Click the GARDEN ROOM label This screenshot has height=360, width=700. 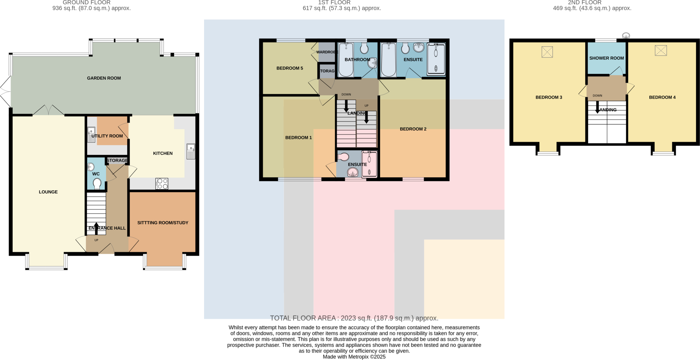tap(104, 78)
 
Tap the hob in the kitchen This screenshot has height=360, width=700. tap(162, 184)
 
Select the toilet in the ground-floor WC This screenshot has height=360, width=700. tap(97, 183)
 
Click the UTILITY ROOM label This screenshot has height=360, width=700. tap(107, 136)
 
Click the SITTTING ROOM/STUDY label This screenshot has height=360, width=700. tap(163, 223)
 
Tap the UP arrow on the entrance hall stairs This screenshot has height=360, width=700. tap(96, 228)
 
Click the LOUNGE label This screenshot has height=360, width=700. tap(48, 192)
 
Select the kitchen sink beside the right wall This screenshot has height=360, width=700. tap(191, 152)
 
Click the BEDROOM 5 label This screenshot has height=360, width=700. tap(290, 68)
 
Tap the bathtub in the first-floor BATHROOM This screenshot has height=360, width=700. tap(346, 60)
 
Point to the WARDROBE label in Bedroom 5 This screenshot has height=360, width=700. tap(327, 52)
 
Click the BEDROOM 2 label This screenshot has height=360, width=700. tap(413, 129)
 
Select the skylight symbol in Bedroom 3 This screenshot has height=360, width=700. tap(547, 52)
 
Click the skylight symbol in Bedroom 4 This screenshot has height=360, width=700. tap(661, 51)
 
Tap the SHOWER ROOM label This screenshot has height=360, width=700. tap(606, 58)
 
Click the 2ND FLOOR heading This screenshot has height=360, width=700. tap(584, 3)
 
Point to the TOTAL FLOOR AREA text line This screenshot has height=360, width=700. tap(354, 318)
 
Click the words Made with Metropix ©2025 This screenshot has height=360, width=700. tap(354, 357)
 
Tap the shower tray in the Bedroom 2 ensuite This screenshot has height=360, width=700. tap(436, 59)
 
